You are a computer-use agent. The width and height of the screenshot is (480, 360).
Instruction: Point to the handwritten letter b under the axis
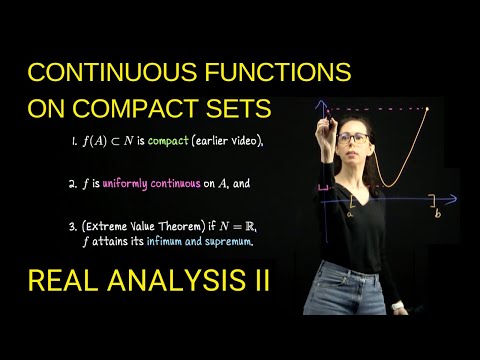(438, 212)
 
